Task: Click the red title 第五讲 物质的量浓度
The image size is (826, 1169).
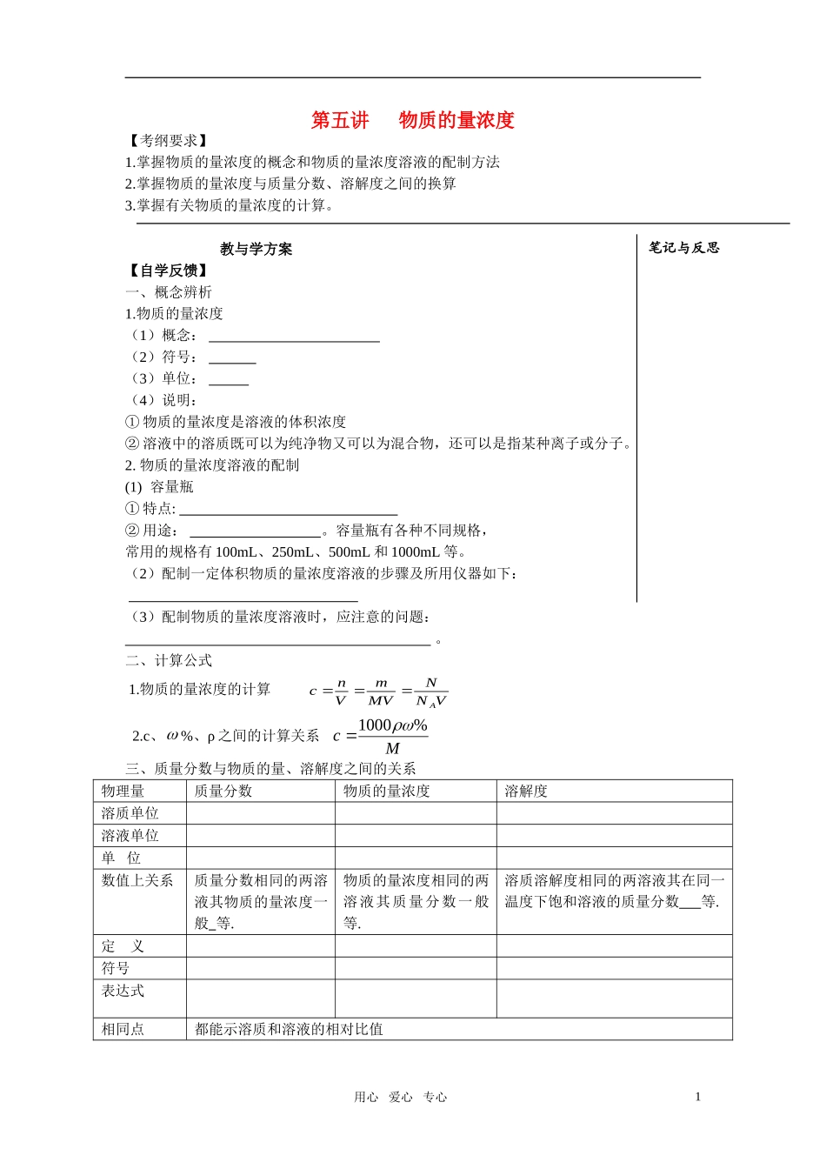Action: click(413, 120)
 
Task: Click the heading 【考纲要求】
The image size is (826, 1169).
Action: click(167, 141)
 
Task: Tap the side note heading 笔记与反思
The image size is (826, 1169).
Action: click(684, 248)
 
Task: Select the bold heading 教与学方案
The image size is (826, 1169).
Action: click(256, 250)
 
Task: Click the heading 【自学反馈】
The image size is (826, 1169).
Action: click(167, 271)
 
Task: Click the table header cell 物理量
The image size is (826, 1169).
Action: click(123, 792)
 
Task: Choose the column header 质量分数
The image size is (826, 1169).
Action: click(223, 792)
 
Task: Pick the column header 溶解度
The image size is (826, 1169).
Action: click(526, 792)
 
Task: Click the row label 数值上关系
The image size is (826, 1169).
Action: click(137, 880)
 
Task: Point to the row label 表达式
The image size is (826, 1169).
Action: click(123, 991)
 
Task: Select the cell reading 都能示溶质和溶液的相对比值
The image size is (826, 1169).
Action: click(289, 1029)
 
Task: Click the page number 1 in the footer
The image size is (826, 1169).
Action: click(697, 1097)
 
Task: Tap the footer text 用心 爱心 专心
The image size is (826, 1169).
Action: click(400, 1098)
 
